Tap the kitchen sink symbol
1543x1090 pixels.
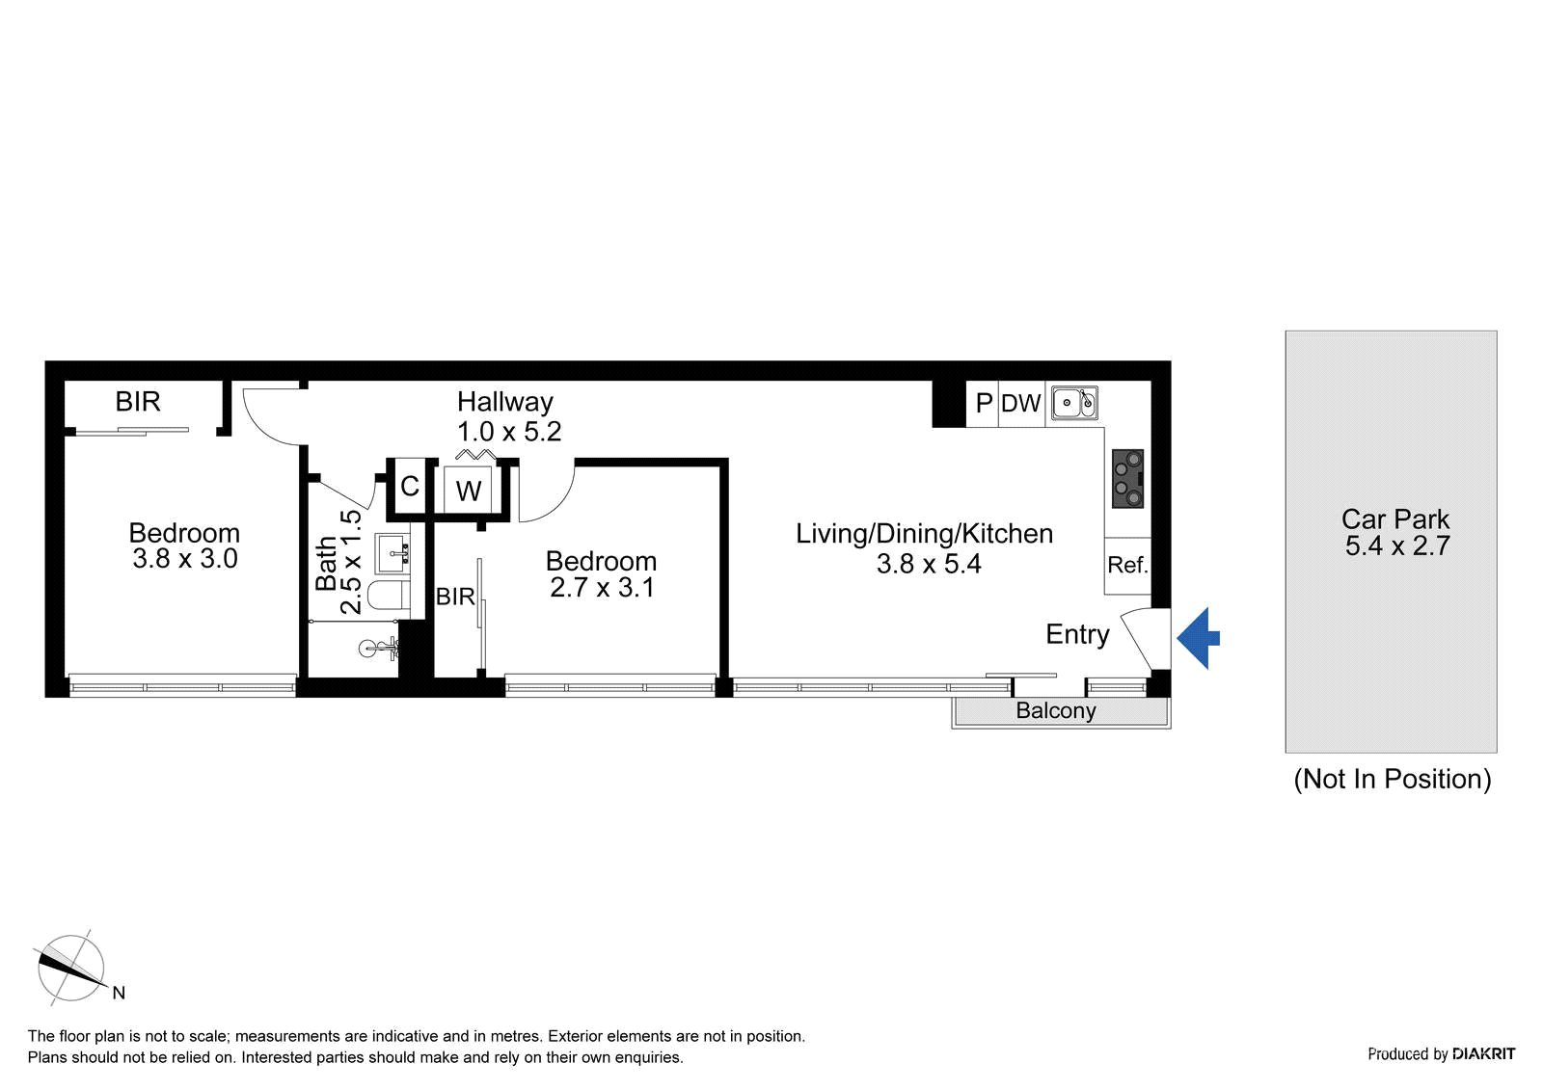pyautogui.click(x=1074, y=403)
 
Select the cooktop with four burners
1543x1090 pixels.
pyautogui.click(x=1127, y=479)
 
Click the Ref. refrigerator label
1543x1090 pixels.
pyautogui.click(x=1127, y=565)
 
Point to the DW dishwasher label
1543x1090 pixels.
pyautogui.click(x=1021, y=403)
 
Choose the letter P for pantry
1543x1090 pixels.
pyautogui.click(x=984, y=403)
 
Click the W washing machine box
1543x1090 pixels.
pyautogui.click(x=469, y=490)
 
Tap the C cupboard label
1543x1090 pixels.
pyautogui.click(x=410, y=486)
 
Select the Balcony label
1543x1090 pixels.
pyautogui.click(x=1055, y=710)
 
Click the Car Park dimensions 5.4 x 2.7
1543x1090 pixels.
pyautogui.click(x=1397, y=545)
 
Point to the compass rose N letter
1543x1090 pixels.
pyautogui.click(x=119, y=993)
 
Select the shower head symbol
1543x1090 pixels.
pyautogui.click(x=378, y=648)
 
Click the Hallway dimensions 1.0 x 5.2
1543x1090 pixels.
pyautogui.click(x=509, y=432)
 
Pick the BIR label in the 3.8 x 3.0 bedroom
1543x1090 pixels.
pyautogui.click(x=138, y=402)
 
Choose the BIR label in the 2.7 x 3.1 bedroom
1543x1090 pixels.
pyautogui.click(x=455, y=597)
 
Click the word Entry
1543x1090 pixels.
pyautogui.click(x=1077, y=635)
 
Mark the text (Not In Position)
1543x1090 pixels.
pyautogui.click(x=1393, y=779)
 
